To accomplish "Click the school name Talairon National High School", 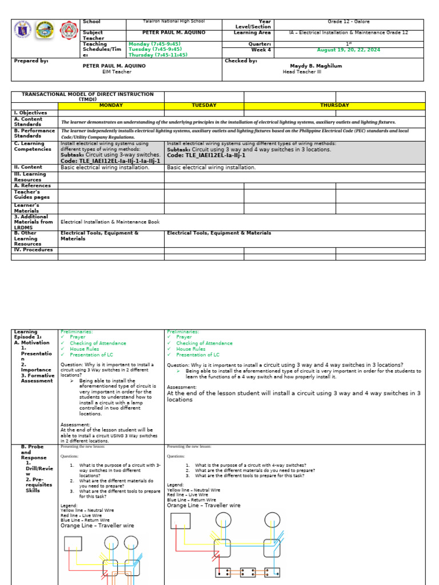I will [173, 22].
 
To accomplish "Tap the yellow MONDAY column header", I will [111, 105].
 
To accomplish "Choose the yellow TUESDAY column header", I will [204, 105].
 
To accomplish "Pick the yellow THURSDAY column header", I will [334, 105].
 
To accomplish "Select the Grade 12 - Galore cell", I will [348, 22].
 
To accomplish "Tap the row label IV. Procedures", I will [33, 250].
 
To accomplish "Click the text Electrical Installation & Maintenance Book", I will [110, 222].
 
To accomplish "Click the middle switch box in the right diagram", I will [248, 572].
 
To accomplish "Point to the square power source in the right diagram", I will [181, 520].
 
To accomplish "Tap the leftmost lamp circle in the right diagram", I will [222, 520].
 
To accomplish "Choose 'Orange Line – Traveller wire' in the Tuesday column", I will [203, 506].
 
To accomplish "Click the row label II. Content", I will [29, 168].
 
